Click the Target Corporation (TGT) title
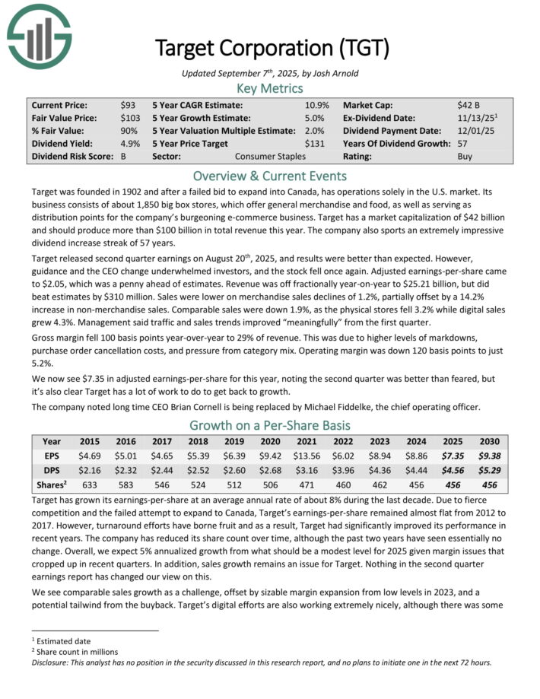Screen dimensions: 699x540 pos(272,49)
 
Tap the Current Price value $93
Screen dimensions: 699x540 pos(128,105)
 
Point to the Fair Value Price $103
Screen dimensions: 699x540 pos(131,118)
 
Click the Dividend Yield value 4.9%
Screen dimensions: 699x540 pos(130,143)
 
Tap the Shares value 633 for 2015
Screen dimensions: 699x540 pos(90,485)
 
